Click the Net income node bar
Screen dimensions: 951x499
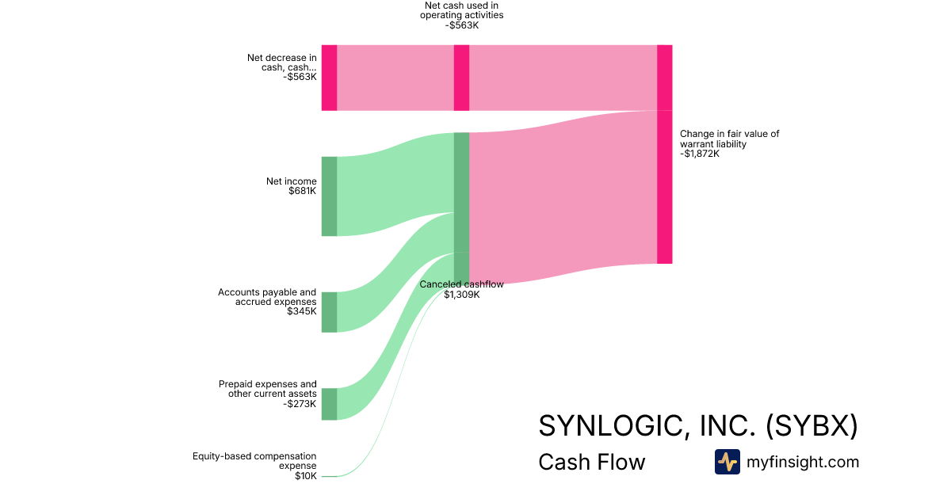[x=329, y=196]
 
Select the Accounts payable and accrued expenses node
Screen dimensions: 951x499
[x=329, y=312]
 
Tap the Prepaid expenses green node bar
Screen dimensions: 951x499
[x=329, y=404]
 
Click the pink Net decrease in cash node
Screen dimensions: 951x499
[x=329, y=78]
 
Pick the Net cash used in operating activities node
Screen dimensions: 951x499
[x=461, y=78]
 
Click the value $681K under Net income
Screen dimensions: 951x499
[x=302, y=191]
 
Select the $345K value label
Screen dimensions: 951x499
[x=301, y=311]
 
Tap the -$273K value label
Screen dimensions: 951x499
[x=300, y=403]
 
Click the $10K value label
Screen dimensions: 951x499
[x=306, y=476]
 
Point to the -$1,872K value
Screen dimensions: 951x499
[x=700, y=154]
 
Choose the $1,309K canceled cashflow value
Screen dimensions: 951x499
[x=462, y=295]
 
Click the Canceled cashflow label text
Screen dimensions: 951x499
[x=461, y=284]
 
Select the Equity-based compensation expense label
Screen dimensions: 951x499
[x=254, y=461]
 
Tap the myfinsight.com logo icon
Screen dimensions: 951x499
[x=728, y=462]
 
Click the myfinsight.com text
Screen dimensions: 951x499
[x=803, y=462]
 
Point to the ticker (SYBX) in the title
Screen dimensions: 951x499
[x=812, y=425]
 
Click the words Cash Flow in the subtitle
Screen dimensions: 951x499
[x=592, y=462]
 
